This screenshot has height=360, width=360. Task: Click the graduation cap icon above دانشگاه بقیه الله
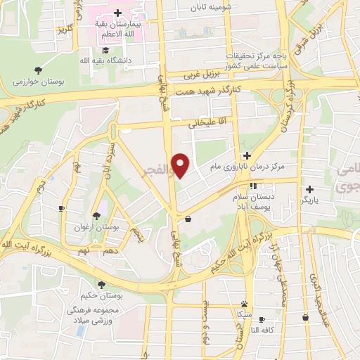pos(105,51)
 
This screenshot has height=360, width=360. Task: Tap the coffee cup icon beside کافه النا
pos(262,320)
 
